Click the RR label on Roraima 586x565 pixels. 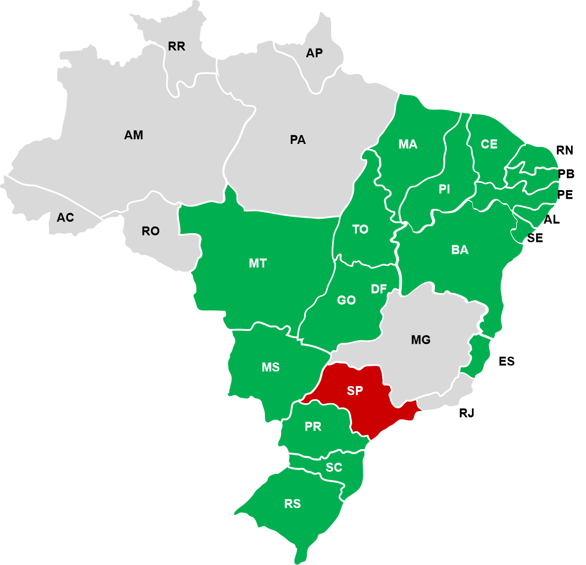click(x=176, y=46)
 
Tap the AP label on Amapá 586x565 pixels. click(x=314, y=53)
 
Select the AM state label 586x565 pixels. click(x=133, y=135)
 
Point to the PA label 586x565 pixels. click(x=297, y=140)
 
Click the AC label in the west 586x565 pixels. click(x=65, y=217)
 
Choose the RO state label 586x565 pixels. click(x=151, y=231)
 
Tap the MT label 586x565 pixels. click(x=258, y=264)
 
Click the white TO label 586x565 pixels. click(x=360, y=229)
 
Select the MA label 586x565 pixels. click(x=408, y=144)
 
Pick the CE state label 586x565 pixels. click(x=489, y=144)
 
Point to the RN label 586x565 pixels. click(x=564, y=150)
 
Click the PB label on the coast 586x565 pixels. click(x=566, y=174)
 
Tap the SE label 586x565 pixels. click(x=535, y=238)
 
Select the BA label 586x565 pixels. click(x=460, y=250)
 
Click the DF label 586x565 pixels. click(x=379, y=289)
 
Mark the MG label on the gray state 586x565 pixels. click(x=420, y=340)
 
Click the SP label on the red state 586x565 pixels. click(x=355, y=390)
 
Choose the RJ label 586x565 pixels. click(x=467, y=413)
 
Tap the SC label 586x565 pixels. click(x=334, y=467)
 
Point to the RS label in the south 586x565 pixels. click(x=292, y=504)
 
